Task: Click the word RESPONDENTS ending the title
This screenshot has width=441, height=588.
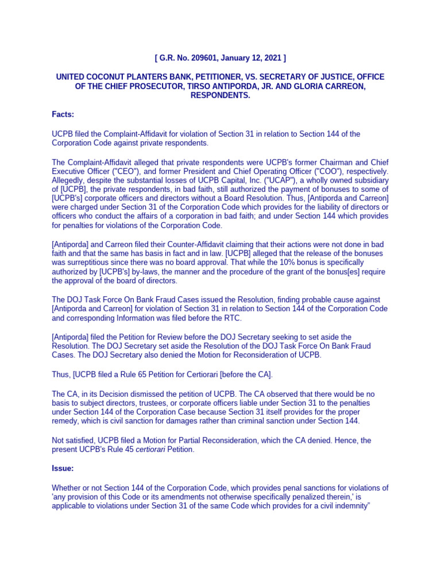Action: pos(220,95)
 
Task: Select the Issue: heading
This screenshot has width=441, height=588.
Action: pos(63,468)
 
